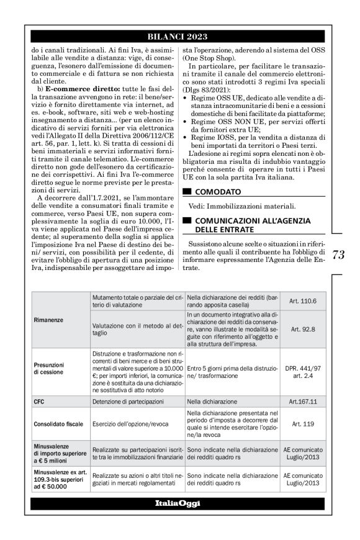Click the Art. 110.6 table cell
tap(302, 301)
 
